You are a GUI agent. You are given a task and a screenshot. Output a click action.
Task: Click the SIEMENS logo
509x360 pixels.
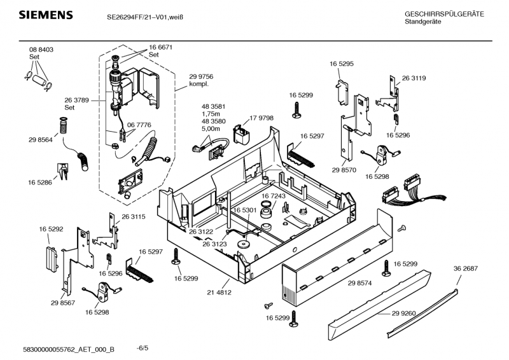pyautogui.click(x=38, y=15)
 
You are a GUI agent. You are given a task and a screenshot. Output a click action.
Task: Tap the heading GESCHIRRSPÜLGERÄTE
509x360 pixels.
pyautogui.click(x=444, y=14)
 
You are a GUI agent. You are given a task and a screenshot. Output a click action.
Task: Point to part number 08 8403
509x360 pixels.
pyautogui.click(x=41, y=50)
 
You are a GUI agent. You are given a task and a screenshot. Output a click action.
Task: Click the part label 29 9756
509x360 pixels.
pyautogui.click(x=201, y=76)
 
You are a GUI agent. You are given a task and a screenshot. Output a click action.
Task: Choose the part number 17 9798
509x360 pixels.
pyautogui.click(x=261, y=118)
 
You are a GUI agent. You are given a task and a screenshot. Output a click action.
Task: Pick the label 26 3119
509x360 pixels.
pyautogui.click(x=414, y=78)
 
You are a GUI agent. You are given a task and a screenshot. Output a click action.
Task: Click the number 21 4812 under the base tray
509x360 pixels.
pyautogui.click(x=219, y=293)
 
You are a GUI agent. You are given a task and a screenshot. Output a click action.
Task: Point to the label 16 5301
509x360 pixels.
pyautogui.click(x=244, y=210)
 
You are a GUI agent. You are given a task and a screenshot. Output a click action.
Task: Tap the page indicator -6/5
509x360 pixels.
pyautogui.click(x=143, y=349)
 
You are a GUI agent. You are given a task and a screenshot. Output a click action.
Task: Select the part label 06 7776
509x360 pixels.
pyautogui.click(x=139, y=125)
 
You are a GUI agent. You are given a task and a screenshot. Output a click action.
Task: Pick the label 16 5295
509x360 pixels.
pyautogui.click(x=342, y=64)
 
